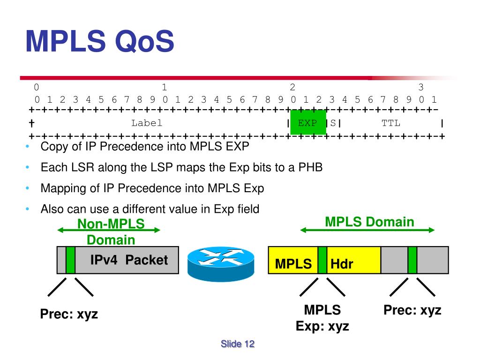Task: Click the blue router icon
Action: coord(220,261)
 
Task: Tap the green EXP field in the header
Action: coord(307,123)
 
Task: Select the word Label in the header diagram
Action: coord(147,123)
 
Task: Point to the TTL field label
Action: coord(391,123)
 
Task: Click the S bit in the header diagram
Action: coord(333,123)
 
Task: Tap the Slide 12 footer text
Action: coord(238,344)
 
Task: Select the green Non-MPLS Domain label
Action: coord(111,232)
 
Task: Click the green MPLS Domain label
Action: coord(369,222)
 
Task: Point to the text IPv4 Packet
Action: coord(129,260)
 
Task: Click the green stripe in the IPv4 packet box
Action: coord(71,260)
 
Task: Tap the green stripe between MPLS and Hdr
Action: coord(322,260)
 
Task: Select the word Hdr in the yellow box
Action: coord(342,264)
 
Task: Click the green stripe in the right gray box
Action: coord(412,260)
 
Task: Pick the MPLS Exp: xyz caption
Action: coord(322,318)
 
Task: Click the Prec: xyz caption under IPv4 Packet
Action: coord(69,314)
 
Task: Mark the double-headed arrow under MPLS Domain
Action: coord(367,230)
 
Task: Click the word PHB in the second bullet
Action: coord(311,167)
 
